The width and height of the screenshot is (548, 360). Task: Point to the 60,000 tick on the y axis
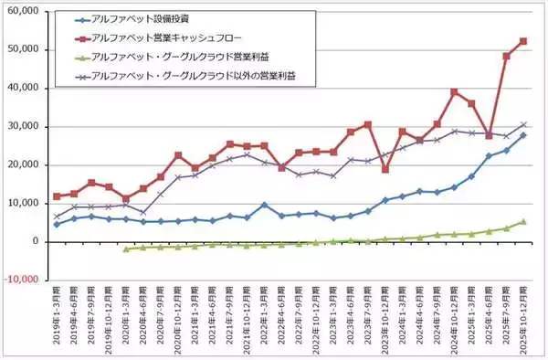pyautogui.click(x=28, y=11)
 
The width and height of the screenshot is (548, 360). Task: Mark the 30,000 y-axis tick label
pyautogui.click(x=28, y=126)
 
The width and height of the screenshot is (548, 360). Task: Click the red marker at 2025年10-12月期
pyautogui.click(x=523, y=41)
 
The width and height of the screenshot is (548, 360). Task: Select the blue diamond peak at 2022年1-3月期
pyautogui.click(x=264, y=205)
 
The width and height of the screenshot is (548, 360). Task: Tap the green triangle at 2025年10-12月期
pyautogui.click(x=523, y=221)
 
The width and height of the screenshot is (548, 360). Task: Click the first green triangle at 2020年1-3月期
pyautogui.click(x=126, y=249)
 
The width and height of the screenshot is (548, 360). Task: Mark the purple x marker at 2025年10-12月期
pyautogui.click(x=523, y=124)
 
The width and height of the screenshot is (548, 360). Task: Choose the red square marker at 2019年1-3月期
pyautogui.click(x=58, y=196)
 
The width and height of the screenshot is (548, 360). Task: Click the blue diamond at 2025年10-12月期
pyautogui.click(x=523, y=135)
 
